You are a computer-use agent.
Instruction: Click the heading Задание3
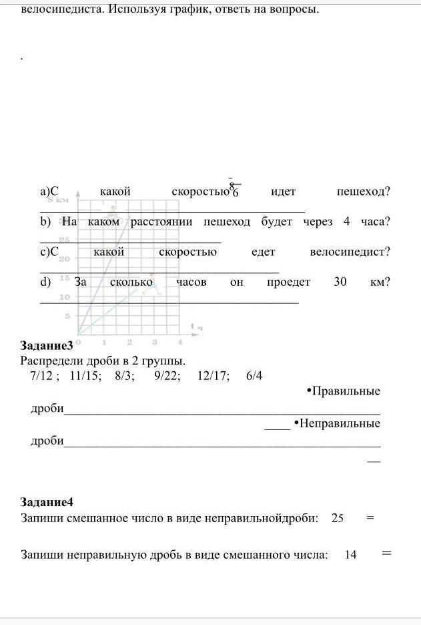click(x=46, y=346)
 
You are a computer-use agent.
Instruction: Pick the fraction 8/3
click(x=124, y=375)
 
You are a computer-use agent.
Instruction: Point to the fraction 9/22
click(x=165, y=375)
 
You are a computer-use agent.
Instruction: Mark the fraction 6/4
click(x=254, y=375)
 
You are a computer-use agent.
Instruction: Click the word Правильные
click(x=345, y=391)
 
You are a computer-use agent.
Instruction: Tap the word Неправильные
click(x=339, y=423)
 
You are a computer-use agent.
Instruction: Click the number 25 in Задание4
click(x=337, y=518)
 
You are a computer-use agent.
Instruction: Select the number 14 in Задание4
click(x=351, y=554)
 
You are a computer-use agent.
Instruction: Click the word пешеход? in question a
click(x=364, y=192)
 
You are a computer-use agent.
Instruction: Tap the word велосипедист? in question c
click(x=350, y=252)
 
